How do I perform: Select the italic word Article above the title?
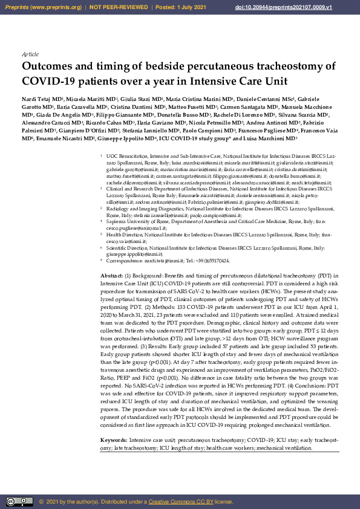point(30,54)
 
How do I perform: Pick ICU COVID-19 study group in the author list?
point(194,138)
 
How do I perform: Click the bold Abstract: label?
point(112,276)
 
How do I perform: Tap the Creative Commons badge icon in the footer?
point(19,501)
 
